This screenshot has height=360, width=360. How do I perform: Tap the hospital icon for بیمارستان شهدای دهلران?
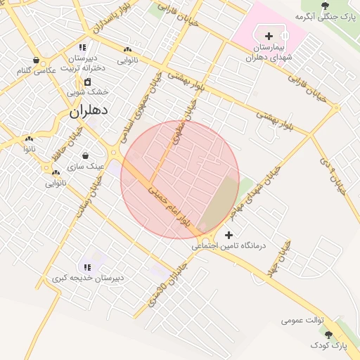click(268, 35)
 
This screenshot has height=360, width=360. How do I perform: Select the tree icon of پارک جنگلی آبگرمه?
click(324, 6)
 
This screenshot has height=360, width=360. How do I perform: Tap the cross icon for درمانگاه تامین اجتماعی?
click(228, 235)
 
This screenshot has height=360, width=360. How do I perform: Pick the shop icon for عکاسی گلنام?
click(36, 60)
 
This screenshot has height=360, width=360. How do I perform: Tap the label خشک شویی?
click(88, 91)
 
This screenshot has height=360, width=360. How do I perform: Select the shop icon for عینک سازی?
click(86, 155)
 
